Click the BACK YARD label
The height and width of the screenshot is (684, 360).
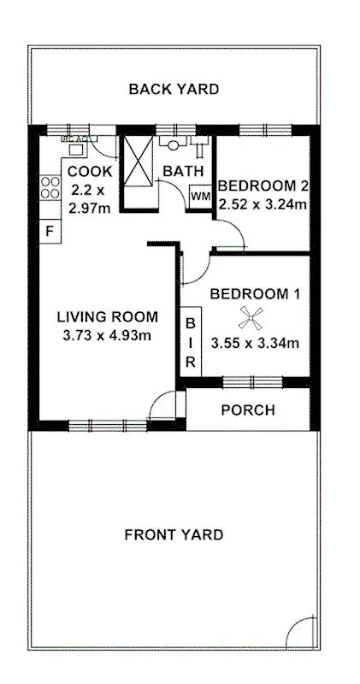[x=174, y=88]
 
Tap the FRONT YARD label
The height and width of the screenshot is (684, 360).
[x=174, y=535]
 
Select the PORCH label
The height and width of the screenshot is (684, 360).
[x=248, y=410]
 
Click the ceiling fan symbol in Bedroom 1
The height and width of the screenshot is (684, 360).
[x=251, y=320]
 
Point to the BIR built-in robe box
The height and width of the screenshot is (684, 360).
[x=191, y=343]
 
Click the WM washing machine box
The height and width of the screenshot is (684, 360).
[x=200, y=196]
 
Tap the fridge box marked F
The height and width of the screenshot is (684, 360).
[x=50, y=231]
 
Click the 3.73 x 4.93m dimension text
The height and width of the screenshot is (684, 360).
[x=107, y=336]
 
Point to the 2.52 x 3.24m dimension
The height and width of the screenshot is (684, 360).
[x=262, y=204]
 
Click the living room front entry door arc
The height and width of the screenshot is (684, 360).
[x=162, y=405]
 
